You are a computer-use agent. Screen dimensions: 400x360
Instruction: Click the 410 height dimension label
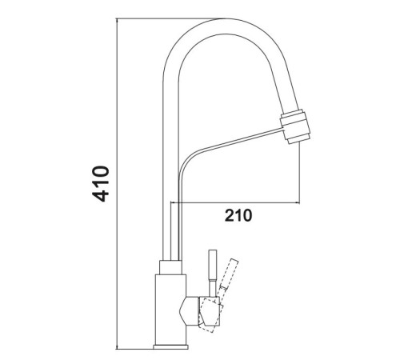[x=101, y=184]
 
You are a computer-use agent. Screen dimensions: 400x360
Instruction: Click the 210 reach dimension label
[x=238, y=215]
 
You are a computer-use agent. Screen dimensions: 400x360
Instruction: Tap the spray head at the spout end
[x=295, y=126]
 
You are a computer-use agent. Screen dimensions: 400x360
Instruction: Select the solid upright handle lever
[x=213, y=273]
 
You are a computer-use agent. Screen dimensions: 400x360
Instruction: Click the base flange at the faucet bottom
[x=170, y=346]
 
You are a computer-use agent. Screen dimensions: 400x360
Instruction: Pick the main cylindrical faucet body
[x=170, y=310]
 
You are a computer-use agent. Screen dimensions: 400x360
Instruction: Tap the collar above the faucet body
[x=170, y=267]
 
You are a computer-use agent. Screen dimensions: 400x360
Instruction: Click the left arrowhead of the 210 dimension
[x=173, y=203]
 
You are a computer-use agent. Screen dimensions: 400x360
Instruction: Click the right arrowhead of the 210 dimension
[x=297, y=203]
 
